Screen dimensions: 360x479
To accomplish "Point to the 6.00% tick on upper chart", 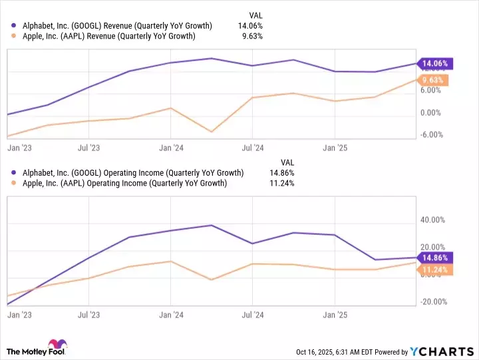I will click(432, 90).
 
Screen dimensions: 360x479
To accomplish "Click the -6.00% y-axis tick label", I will click(430, 135).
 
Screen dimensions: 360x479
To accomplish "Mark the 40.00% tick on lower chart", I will click(432, 220).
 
